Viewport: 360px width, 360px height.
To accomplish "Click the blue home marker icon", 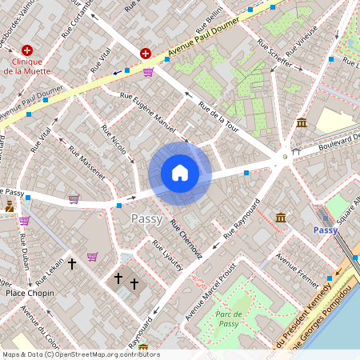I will click(180, 173).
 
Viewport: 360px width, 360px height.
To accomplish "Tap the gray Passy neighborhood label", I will click(146, 218).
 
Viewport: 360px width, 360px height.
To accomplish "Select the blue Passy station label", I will click(326, 230).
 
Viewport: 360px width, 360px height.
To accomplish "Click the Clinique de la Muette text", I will click(26, 66).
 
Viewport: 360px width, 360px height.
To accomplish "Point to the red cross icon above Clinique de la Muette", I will click(27, 50).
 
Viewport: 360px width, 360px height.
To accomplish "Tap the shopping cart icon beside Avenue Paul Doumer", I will click(148, 72).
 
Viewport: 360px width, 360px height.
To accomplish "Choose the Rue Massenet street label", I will click(86, 162).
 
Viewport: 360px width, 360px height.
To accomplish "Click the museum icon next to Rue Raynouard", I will click(282, 217).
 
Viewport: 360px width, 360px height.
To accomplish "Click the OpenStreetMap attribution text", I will click(80, 354).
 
